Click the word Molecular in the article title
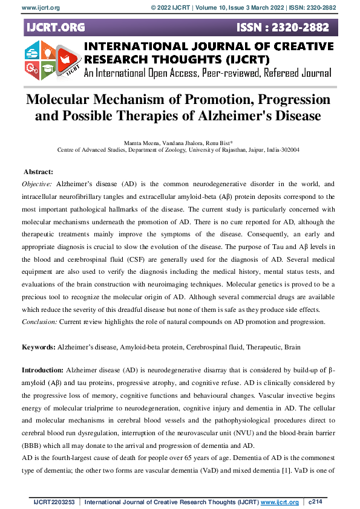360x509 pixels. pyautogui.click(x=61, y=99)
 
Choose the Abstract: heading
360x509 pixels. pyautogui.click(x=38, y=172)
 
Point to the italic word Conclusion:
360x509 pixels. pyautogui.click(x=39, y=322)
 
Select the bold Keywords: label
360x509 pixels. pyautogui.click(x=38, y=347)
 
